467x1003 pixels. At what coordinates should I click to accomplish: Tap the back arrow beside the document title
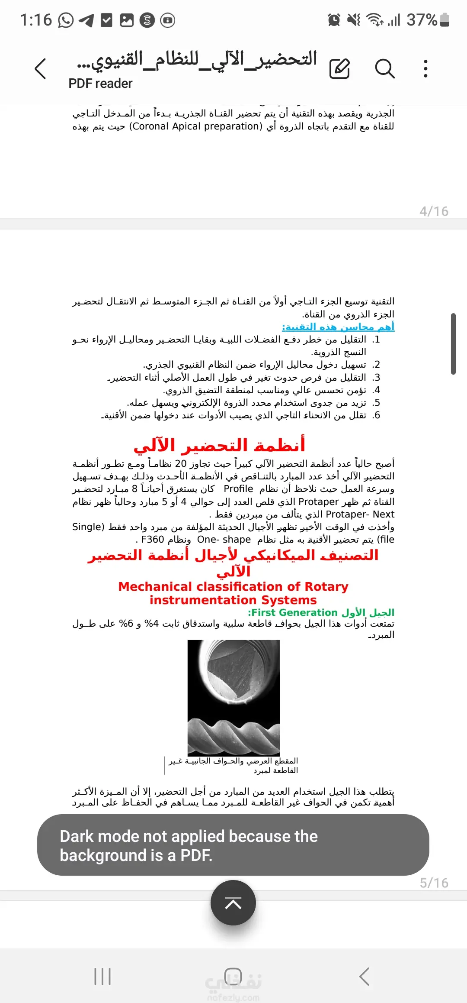tap(40, 69)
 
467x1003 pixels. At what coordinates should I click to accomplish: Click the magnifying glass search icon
tap(384, 69)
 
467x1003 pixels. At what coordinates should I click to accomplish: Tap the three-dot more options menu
tap(426, 69)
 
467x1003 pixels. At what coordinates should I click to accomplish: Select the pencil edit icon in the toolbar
tap(339, 69)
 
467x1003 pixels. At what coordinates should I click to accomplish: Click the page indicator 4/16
tap(434, 211)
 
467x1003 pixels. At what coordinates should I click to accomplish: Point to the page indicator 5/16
tap(434, 883)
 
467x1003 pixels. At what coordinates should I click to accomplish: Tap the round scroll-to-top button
tap(233, 903)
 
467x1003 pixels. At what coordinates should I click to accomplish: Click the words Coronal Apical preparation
tap(196, 126)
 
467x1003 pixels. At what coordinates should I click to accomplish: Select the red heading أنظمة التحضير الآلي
tap(219, 445)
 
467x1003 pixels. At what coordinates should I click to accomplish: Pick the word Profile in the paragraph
tap(238, 489)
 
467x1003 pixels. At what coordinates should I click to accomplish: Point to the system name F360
tap(152, 540)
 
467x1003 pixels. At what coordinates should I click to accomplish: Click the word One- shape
tap(224, 540)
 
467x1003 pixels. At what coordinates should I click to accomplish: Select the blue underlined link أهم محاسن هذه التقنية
tap(338, 327)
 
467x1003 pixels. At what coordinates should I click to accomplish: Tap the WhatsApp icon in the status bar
tap(66, 20)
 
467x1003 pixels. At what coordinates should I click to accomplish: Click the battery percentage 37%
tap(422, 20)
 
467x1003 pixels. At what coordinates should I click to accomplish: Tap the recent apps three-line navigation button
tap(102, 977)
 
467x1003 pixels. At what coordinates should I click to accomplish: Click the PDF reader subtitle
tap(100, 84)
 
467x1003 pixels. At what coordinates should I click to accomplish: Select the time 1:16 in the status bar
tap(36, 20)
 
